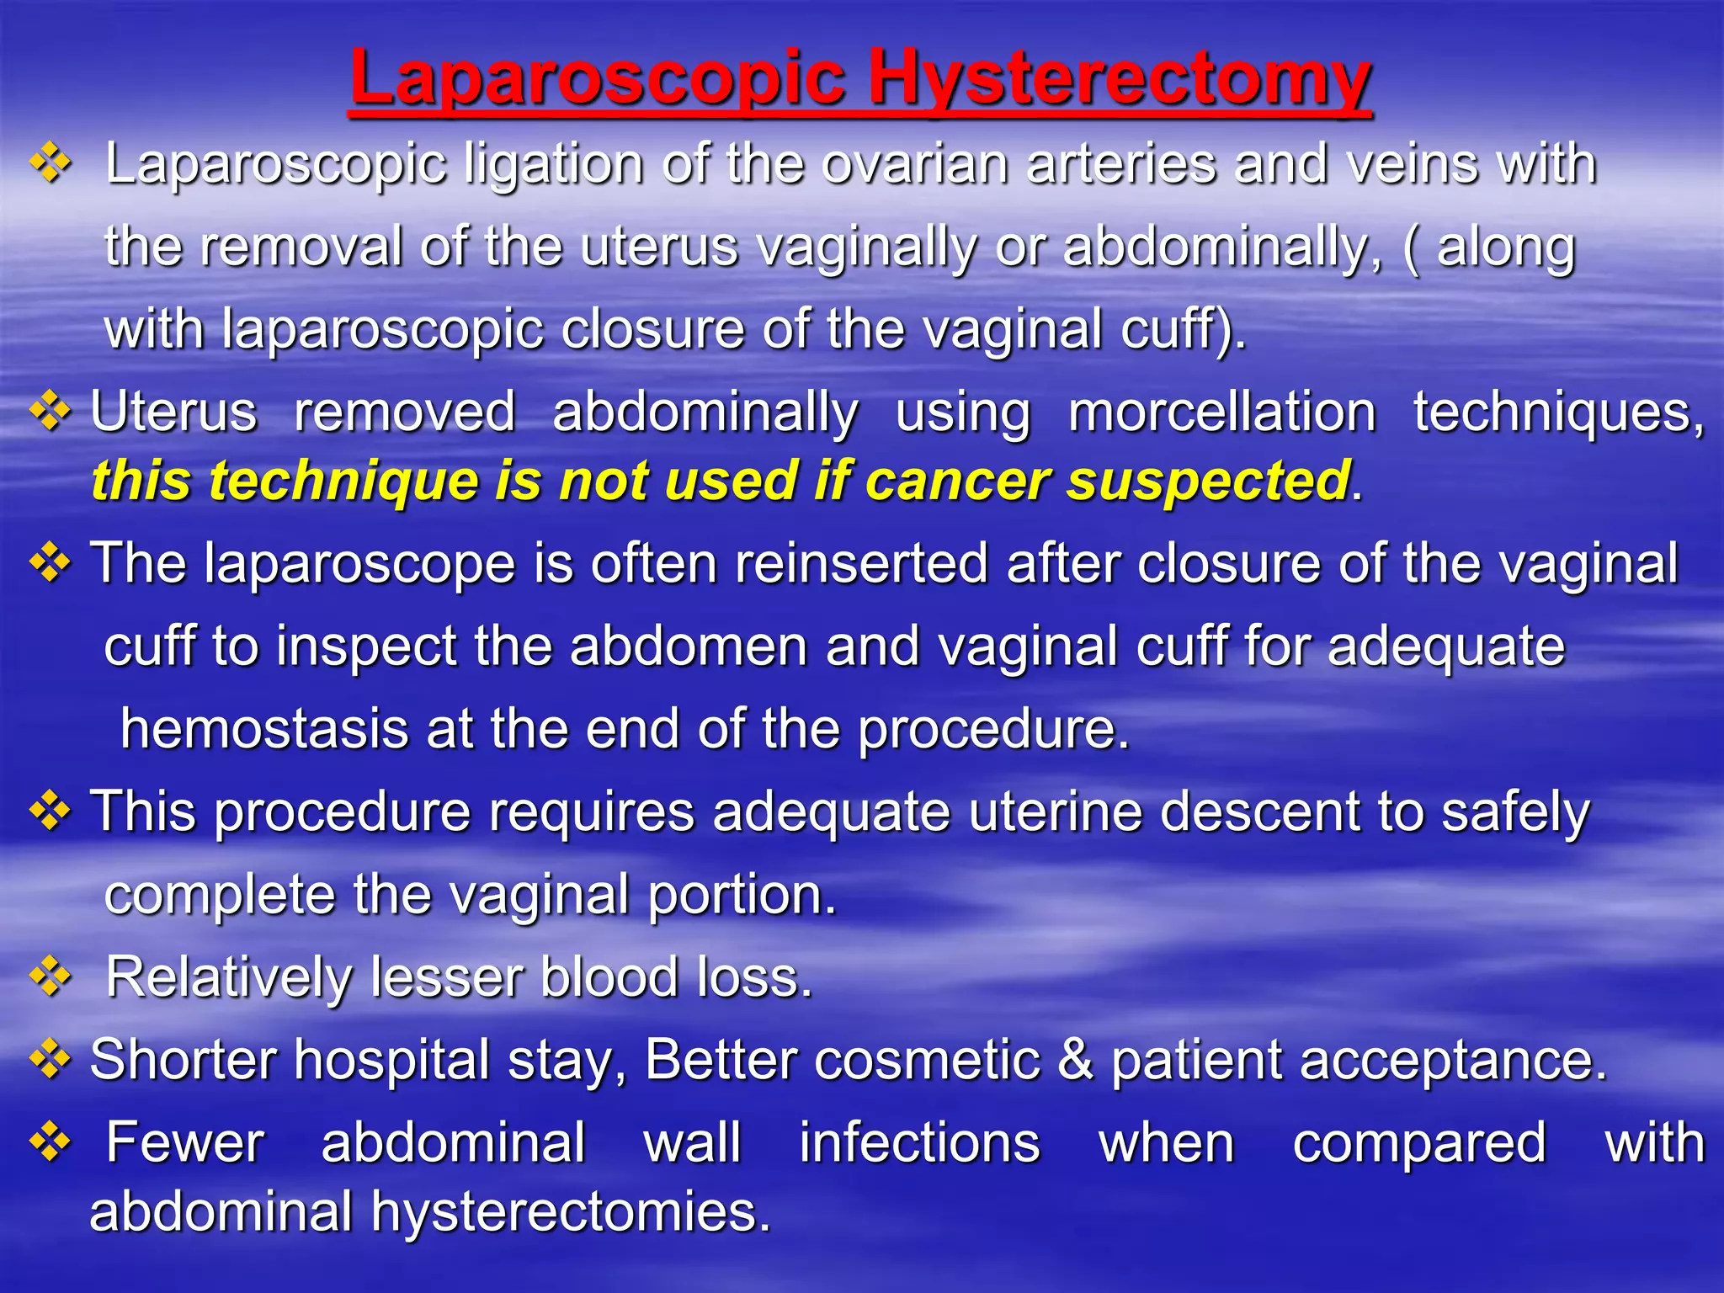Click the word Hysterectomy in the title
pos(1120,80)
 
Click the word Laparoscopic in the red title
pos(598,80)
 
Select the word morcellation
pos(1221,412)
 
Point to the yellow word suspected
pos(1208,481)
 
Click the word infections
pos(919,1142)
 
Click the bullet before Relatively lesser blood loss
pos(51,976)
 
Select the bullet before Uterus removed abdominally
pos(51,412)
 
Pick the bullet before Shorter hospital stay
pos(51,1059)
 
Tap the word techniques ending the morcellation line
pos(1557,412)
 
